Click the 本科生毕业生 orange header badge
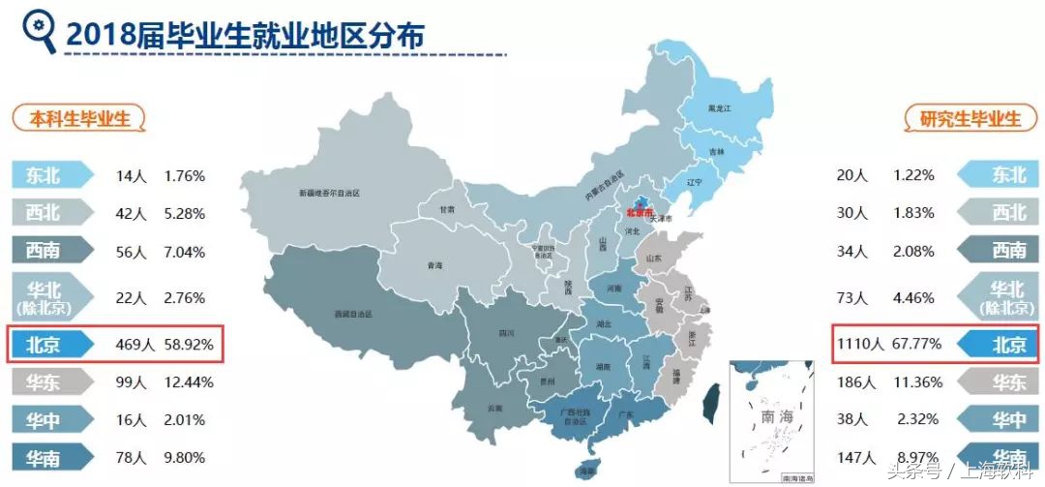79,119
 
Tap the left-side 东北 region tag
50,175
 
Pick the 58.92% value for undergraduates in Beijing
189,344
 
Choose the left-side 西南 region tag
50,251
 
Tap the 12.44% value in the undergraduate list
189,381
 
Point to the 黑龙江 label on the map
717,107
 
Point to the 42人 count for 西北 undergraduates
130,213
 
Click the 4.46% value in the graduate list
912,289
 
